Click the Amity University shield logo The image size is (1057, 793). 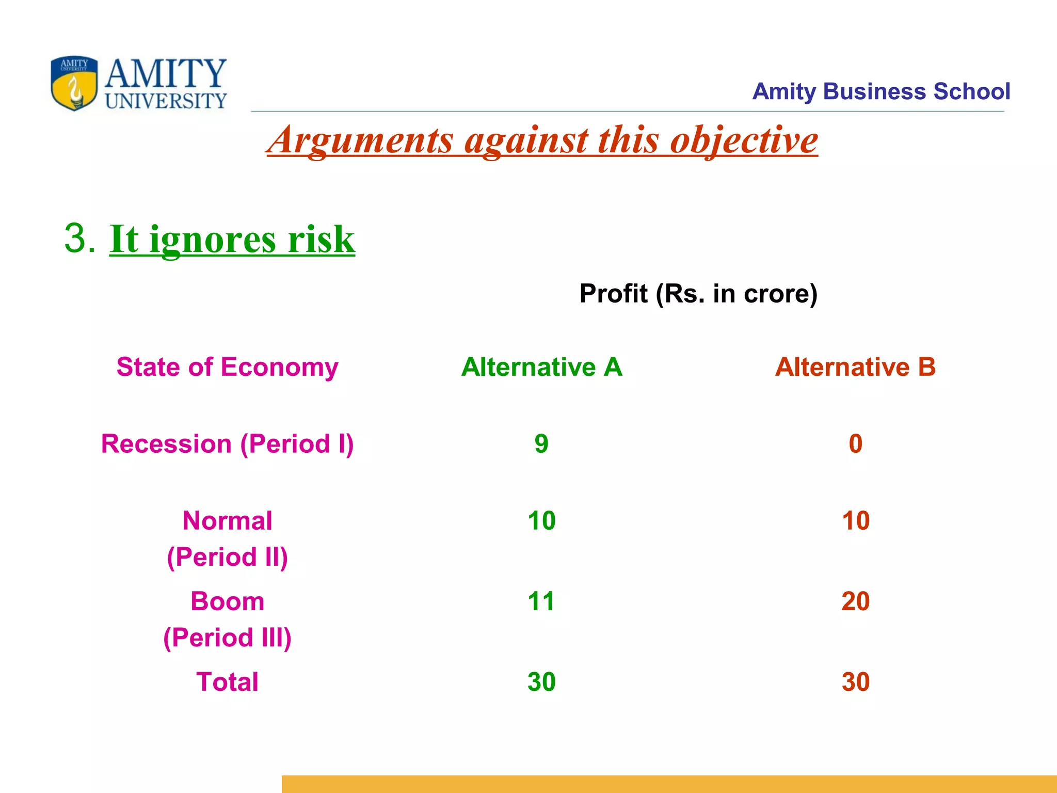[74, 83]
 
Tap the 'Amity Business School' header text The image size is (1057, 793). [880, 91]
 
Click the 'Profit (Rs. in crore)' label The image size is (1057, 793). [698, 293]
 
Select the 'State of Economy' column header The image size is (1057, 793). [227, 367]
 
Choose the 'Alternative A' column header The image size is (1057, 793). [541, 367]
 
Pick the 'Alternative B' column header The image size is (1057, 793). [855, 367]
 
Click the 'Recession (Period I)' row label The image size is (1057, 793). [227, 444]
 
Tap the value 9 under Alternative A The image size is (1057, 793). [541, 444]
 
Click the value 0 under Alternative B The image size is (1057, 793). [855, 444]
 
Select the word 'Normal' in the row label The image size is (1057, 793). [227, 520]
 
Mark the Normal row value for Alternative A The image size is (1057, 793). [541, 520]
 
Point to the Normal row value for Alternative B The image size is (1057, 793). [855, 520]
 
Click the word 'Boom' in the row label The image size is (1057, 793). [227, 601]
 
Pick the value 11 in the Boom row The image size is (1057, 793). [541, 601]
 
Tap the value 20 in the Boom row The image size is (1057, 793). [855, 601]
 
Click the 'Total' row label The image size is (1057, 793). [227, 682]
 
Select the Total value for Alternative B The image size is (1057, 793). [855, 682]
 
